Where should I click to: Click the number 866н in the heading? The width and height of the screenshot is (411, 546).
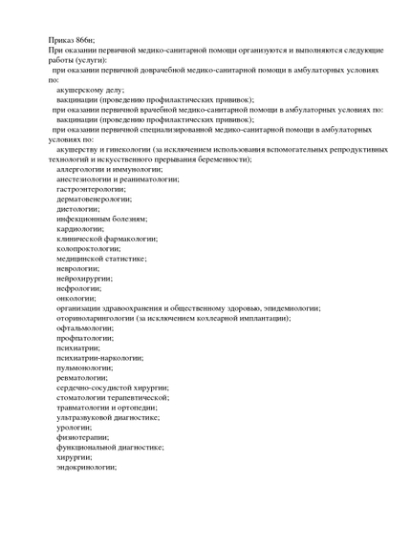[85, 39]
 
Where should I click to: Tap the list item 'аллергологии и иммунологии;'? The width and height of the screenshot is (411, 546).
[108, 169]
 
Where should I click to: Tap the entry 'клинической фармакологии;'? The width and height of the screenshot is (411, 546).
[107, 239]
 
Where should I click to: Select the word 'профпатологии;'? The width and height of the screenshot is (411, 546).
[85, 338]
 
